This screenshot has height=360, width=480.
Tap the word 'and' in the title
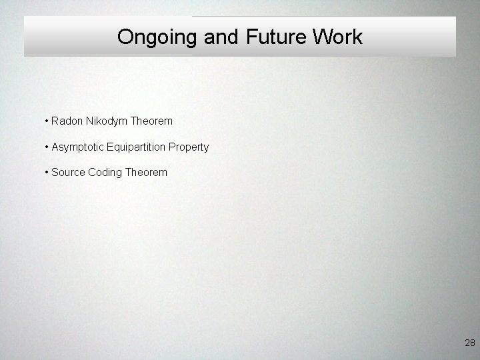(221, 37)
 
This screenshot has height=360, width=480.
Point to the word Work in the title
(336, 37)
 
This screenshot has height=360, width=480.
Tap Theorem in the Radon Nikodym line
(151, 121)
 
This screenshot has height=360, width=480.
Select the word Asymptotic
(77, 147)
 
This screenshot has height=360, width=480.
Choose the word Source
(68, 172)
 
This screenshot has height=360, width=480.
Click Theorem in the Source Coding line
(146, 172)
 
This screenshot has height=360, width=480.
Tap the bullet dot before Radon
(47, 121)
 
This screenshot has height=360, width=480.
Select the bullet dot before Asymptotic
(47, 147)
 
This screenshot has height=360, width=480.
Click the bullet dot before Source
(47, 172)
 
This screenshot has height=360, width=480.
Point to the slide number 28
(469, 343)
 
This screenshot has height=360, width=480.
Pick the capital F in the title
(251, 37)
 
